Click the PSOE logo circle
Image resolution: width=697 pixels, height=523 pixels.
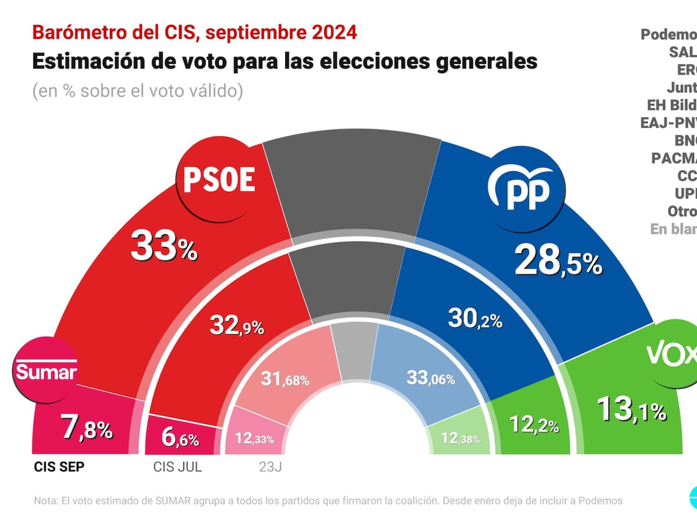pyautogui.click(x=219, y=180)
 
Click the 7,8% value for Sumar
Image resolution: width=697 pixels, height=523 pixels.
pyautogui.click(x=87, y=431)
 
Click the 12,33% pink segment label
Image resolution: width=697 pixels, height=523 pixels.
pyautogui.click(x=254, y=438)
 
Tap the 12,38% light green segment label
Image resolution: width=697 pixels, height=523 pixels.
pyautogui.click(x=460, y=438)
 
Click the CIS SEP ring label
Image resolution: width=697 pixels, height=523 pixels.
pyautogui.click(x=59, y=467)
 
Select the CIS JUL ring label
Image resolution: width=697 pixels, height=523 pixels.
pyautogui.click(x=177, y=467)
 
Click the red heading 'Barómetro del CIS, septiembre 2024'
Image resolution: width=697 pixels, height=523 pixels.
pyautogui.click(x=195, y=33)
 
